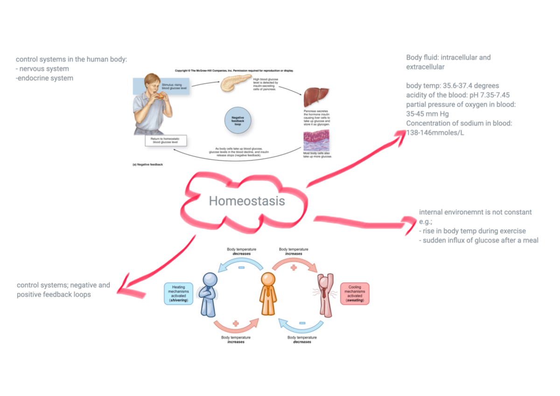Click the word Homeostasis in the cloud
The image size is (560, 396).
point(246,201)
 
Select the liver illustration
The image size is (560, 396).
point(316,97)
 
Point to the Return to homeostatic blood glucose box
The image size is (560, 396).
point(166,141)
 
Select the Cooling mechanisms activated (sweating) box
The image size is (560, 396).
point(355,294)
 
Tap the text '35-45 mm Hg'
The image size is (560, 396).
point(427,114)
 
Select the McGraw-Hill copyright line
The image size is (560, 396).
point(234,71)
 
